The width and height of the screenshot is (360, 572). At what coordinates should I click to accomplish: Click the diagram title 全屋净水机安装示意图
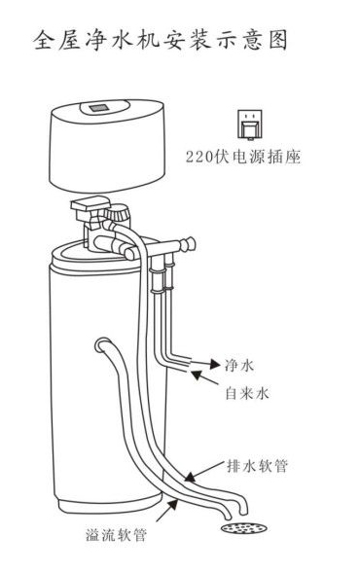tap(161, 40)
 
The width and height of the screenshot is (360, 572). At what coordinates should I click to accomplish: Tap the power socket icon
tap(250, 125)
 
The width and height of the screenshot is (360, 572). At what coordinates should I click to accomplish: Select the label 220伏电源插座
tap(243, 157)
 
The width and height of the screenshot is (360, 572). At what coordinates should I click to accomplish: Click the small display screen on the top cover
tap(99, 108)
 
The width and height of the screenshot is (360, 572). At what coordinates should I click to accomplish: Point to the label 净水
tap(239, 365)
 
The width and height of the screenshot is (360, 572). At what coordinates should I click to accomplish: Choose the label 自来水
tap(247, 393)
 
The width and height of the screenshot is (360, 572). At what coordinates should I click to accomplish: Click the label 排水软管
tap(257, 466)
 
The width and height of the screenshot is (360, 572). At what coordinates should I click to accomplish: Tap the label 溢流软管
tap(116, 535)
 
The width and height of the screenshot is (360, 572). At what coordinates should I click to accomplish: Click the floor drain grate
tap(243, 527)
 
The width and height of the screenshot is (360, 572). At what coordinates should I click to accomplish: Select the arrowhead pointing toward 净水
tap(214, 364)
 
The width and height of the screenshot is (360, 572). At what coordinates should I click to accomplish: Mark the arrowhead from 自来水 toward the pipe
tap(198, 375)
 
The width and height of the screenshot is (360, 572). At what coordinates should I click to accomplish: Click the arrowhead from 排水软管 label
tap(190, 477)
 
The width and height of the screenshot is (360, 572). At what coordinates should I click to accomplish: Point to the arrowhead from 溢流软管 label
tap(172, 505)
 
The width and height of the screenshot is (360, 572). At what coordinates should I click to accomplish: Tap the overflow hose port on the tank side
tap(102, 344)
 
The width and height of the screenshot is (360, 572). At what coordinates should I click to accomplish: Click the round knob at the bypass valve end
tap(189, 243)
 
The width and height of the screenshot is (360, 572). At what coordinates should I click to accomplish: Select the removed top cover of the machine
tap(107, 145)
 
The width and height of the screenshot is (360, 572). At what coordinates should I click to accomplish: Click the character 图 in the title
tap(278, 40)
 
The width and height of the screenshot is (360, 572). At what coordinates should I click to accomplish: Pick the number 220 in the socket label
tap(198, 158)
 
